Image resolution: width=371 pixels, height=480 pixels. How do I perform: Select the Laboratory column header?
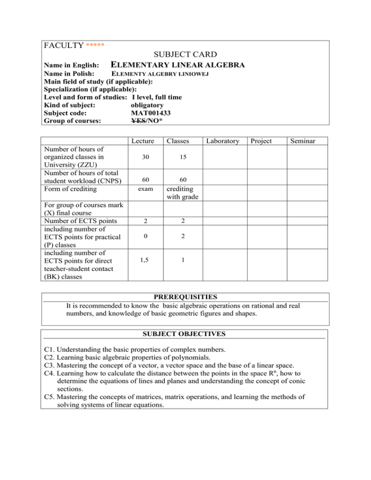[x=222, y=141]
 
